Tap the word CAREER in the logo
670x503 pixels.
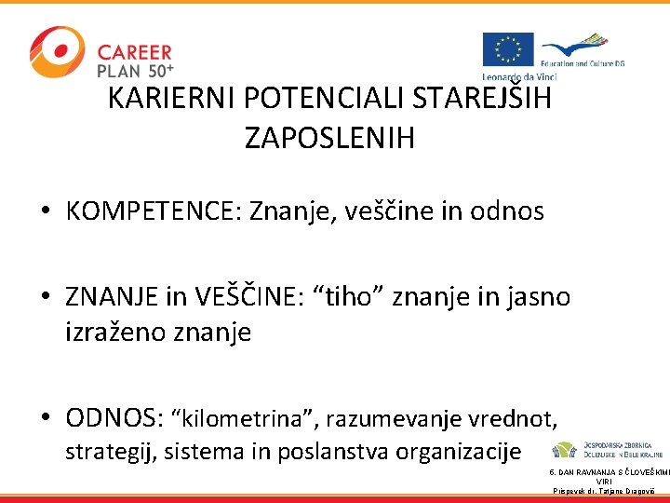tap(134, 52)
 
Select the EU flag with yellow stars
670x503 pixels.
tap(507, 49)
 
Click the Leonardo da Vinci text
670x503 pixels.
tap(517, 76)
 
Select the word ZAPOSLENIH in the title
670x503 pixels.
tap(329, 139)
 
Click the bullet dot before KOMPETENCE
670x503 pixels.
tap(46, 212)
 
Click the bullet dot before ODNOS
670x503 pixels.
tap(46, 419)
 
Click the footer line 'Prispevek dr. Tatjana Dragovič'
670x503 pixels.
tap(605, 490)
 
